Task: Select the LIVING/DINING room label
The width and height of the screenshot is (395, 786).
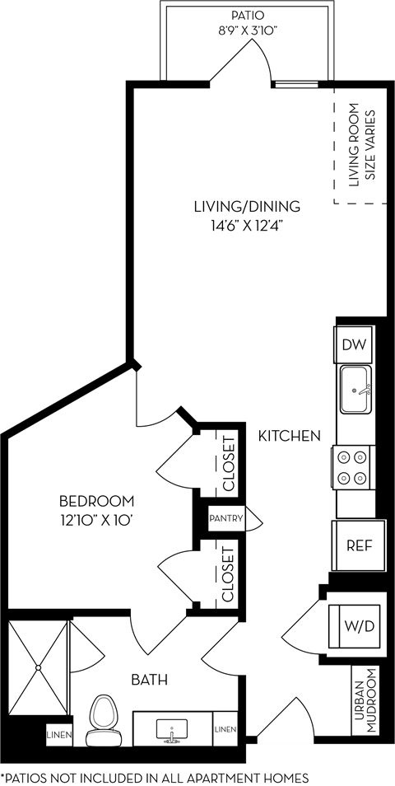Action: [x=247, y=207]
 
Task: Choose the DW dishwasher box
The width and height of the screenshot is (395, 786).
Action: [x=354, y=344]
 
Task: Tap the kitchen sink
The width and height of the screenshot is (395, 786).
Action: [x=355, y=390]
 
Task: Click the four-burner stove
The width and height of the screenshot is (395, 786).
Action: [x=353, y=467]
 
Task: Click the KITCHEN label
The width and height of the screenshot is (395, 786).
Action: [x=289, y=436]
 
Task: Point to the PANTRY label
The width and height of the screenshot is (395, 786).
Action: [x=226, y=519]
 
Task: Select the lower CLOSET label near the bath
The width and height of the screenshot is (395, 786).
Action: [x=228, y=574]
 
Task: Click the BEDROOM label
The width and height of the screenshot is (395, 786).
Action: [x=96, y=501]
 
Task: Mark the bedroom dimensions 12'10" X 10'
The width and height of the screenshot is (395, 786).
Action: [x=96, y=520]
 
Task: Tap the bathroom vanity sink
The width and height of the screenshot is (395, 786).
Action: [x=172, y=730]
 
